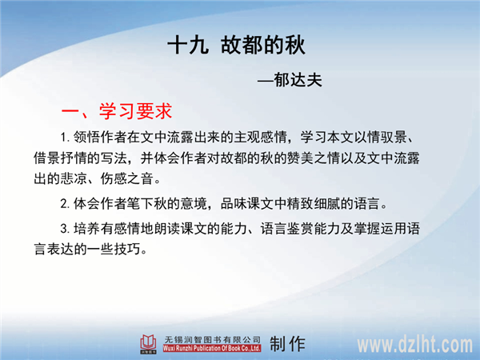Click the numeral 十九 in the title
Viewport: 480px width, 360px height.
click(x=188, y=46)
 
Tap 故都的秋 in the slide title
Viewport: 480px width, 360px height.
click(x=263, y=46)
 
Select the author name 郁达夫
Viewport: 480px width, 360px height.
click(x=298, y=80)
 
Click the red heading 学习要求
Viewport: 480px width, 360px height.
click(x=135, y=111)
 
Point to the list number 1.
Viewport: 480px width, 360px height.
click(x=64, y=137)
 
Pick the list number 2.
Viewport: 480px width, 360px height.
click(x=65, y=204)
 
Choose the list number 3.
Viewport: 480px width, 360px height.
click(x=65, y=229)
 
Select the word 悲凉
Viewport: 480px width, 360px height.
click(x=74, y=178)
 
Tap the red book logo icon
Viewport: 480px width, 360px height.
click(x=149, y=344)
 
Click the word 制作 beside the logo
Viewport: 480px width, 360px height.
click(x=287, y=344)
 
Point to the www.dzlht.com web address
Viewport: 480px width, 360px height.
click(x=414, y=345)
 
